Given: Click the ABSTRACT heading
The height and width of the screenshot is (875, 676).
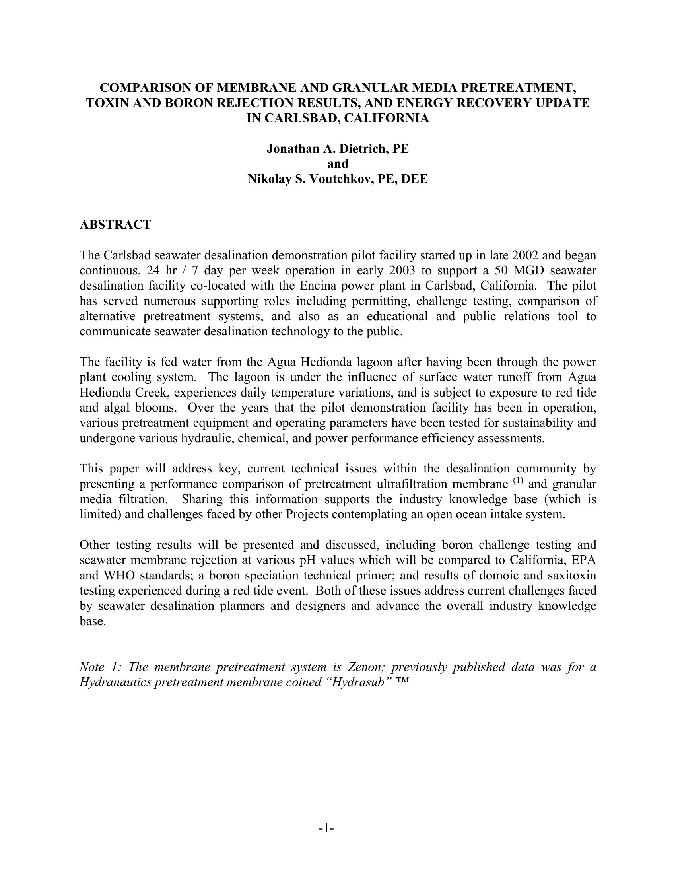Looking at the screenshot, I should click(115, 225).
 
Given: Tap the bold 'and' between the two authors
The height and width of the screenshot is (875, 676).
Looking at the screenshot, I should click(338, 164).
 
